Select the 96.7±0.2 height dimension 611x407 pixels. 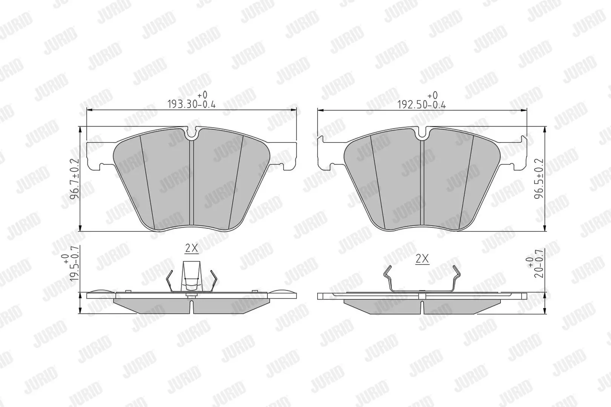pyautogui.click(x=74, y=179)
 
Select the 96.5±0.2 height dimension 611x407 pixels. pyautogui.click(x=539, y=179)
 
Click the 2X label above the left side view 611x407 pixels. pyautogui.click(x=192, y=248)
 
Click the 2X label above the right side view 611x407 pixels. pyautogui.click(x=422, y=259)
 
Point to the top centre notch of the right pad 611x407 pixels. pyautogui.click(x=422, y=133)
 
